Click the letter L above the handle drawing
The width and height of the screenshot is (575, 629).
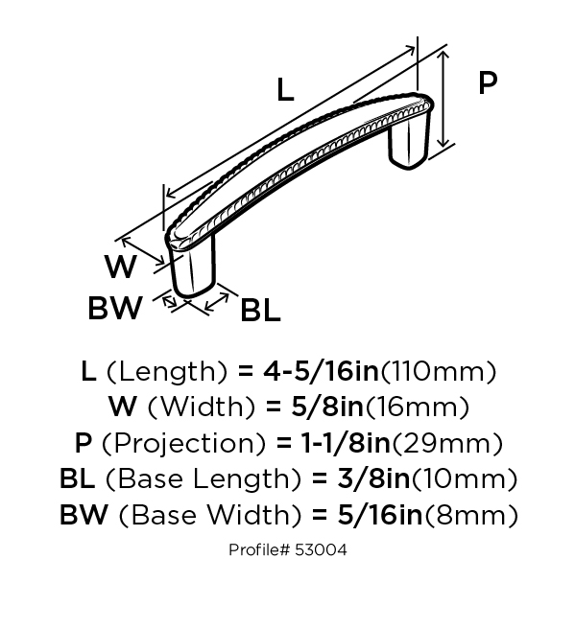(285, 89)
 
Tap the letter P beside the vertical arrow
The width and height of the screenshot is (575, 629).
(488, 83)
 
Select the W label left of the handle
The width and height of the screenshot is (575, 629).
(120, 267)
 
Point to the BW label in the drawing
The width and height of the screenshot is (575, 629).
(115, 308)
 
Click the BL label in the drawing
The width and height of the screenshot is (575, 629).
(260, 310)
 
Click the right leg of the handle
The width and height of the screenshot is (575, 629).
(408, 143)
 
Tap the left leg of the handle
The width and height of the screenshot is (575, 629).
(192, 268)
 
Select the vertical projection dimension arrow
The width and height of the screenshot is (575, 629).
(443, 99)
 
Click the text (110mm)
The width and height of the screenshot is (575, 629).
(438, 372)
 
